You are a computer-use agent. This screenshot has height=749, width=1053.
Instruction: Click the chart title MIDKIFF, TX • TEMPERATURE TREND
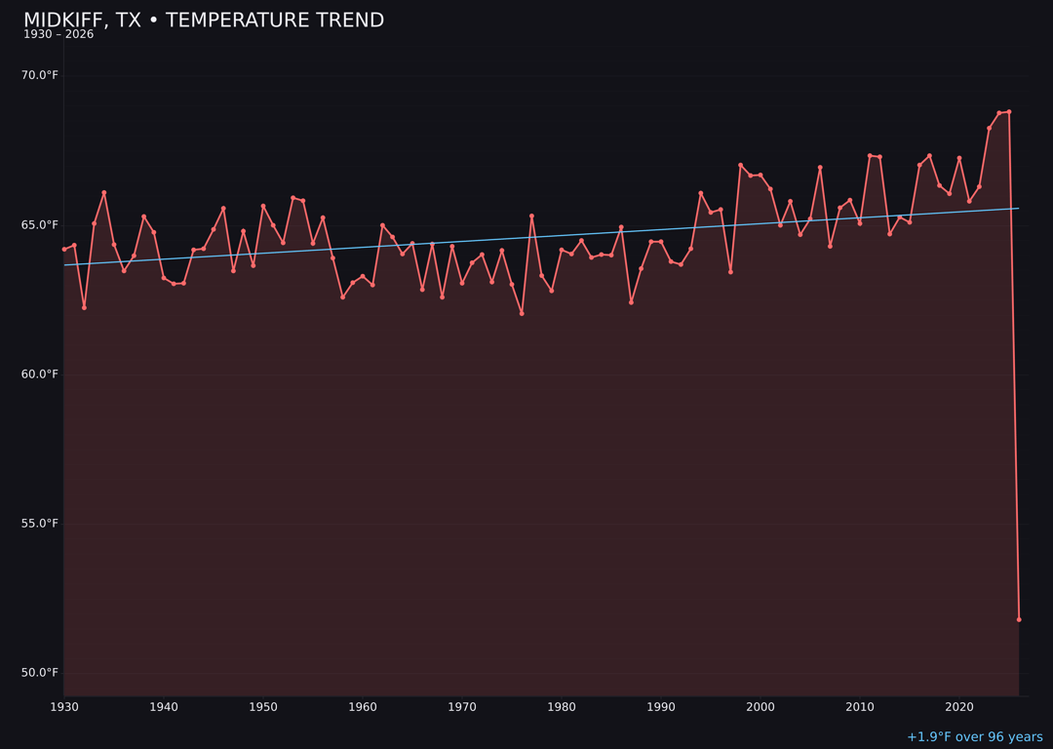[x=204, y=20]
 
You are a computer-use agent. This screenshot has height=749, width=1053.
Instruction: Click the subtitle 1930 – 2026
[x=58, y=35]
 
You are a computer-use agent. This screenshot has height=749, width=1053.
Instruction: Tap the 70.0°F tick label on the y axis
[x=40, y=75]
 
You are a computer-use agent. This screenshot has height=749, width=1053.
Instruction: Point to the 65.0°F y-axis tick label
[x=40, y=225]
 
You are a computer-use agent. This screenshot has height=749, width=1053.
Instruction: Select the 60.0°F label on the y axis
[x=40, y=374]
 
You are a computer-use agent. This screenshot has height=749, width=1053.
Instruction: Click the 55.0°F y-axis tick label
[x=40, y=524]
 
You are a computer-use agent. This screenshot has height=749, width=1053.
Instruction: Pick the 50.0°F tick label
[x=40, y=673]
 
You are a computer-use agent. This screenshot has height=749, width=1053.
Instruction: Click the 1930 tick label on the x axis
[x=64, y=707]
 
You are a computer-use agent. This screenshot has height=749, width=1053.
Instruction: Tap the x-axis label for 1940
[x=164, y=707]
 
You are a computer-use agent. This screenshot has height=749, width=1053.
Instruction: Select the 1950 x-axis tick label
[x=263, y=707]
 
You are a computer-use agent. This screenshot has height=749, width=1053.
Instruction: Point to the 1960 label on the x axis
[x=363, y=707]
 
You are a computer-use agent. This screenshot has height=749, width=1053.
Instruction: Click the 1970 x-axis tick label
[x=462, y=707]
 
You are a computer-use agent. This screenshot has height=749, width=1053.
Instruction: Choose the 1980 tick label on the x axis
[x=562, y=707]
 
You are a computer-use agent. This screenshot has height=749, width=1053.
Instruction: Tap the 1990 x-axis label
[x=661, y=707]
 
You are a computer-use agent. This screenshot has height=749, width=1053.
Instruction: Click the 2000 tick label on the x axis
[x=760, y=707]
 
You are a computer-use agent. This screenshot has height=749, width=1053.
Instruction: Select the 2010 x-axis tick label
[x=860, y=707]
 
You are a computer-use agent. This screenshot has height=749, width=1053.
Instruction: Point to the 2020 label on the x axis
[x=959, y=707]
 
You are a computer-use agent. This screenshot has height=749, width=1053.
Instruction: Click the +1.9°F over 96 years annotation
[x=974, y=737]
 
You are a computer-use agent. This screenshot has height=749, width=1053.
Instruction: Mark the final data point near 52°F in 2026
[x=1019, y=619]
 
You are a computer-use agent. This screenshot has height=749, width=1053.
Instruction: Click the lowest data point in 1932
[x=84, y=307]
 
